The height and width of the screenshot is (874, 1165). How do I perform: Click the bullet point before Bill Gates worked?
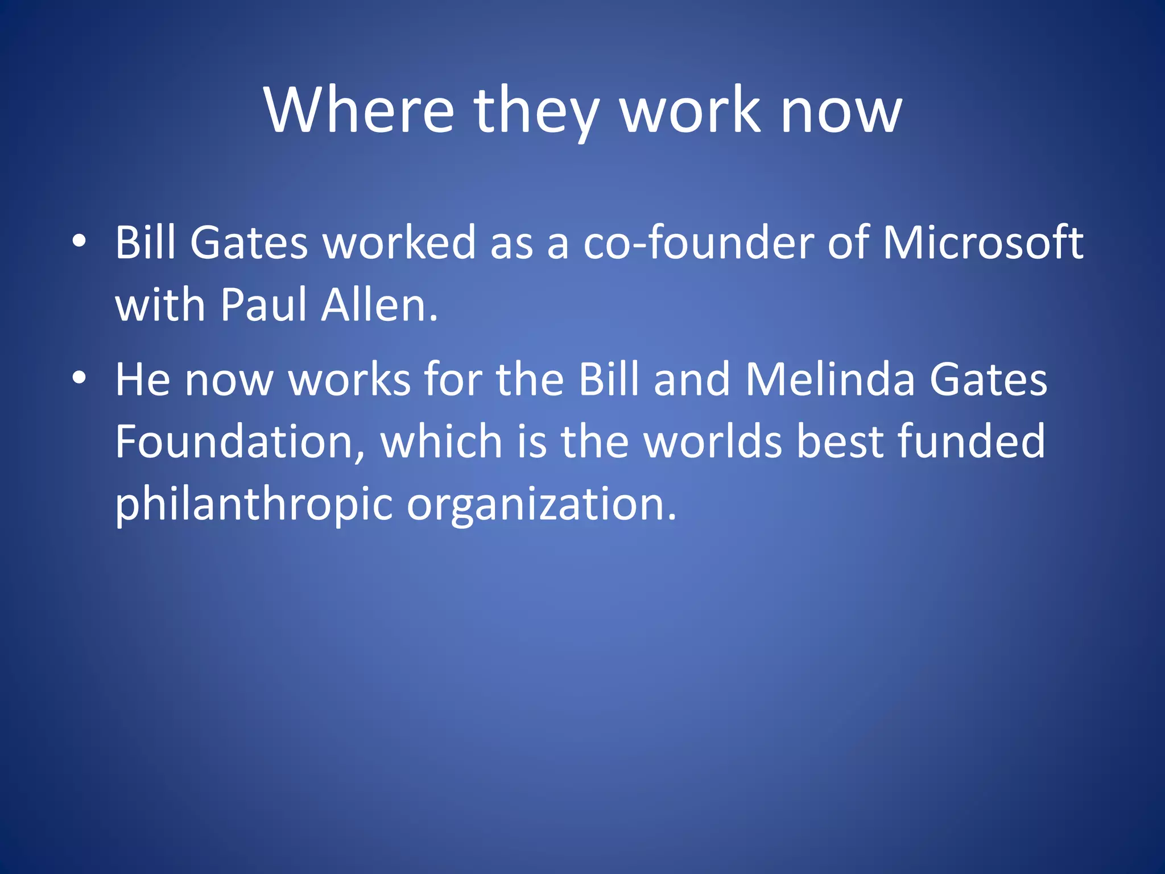(79, 241)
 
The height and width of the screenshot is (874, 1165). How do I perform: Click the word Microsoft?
(982, 242)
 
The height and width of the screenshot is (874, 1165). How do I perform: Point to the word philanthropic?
(254, 504)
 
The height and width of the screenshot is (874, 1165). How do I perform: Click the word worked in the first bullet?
(399, 242)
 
